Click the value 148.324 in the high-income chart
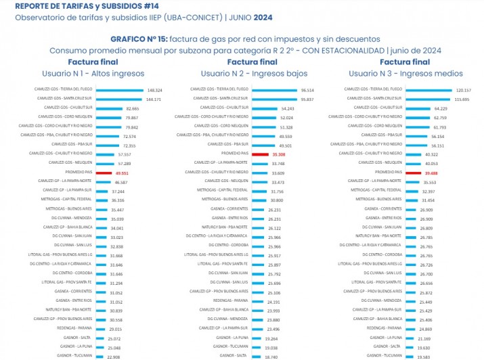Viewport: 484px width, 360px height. pyautogui.click(x=154, y=90)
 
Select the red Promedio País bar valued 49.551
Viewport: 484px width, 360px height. pyautogui.click(x=104, y=173)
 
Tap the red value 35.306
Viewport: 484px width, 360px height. pyautogui.click(x=279, y=154)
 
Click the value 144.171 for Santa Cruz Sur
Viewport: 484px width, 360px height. pyautogui.click(x=153, y=99)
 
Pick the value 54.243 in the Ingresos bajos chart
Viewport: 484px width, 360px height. pyautogui.click(x=286, y=108)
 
